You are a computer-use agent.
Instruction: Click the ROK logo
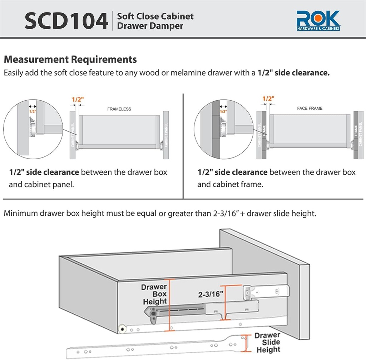click(318, 21)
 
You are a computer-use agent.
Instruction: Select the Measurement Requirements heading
click(70, 59)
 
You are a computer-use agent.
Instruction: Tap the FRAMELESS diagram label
click(119, 109)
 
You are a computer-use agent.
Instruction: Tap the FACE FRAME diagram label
click(310, 108)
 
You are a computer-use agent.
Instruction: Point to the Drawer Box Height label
click(155, 294)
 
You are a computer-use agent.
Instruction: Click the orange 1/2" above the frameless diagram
click(78, 100)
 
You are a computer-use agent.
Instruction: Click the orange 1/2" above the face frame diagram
click(268, 99)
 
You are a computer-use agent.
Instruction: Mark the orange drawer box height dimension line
click(169, 304)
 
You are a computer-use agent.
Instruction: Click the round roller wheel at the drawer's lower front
click(122, 328)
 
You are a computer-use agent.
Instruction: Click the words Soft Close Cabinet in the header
click(155, 16)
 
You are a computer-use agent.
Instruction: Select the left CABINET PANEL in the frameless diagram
click(73, 135)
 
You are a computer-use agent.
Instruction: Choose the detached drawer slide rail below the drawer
click(150, 348)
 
